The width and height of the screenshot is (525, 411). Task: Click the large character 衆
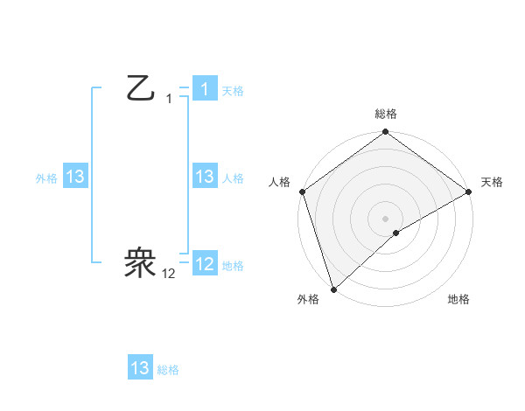click(141, 261)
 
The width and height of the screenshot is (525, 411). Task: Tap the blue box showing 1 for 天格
click(204, 89)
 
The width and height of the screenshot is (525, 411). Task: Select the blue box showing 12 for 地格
click(204, 264)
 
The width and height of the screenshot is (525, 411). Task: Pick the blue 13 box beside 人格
click(204, 177)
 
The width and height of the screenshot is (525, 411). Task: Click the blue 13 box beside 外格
click(75, 177)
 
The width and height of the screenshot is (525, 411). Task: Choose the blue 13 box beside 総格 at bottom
click(140, 368)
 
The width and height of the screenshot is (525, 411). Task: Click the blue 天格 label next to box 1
click(233, 91)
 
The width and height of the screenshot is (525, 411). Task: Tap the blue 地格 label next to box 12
click(233, 266)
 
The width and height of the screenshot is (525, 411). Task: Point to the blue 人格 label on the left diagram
click(233, 178)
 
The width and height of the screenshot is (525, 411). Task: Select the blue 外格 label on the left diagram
click(46, 178)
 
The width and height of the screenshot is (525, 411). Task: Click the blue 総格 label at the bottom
click(168, 371)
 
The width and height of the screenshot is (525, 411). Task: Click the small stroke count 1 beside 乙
click(169, 99)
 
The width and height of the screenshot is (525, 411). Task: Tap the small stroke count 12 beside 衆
click(169, 274)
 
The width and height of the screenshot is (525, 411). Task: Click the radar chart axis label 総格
click(386, 114)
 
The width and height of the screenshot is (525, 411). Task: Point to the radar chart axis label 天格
click(493, 182)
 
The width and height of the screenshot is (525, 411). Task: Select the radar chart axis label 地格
click(458, 300)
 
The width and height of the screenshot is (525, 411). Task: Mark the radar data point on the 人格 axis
click(302, 192)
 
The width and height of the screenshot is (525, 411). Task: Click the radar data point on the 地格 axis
click(396, 233)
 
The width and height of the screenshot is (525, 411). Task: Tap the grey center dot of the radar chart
click(385, 218)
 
